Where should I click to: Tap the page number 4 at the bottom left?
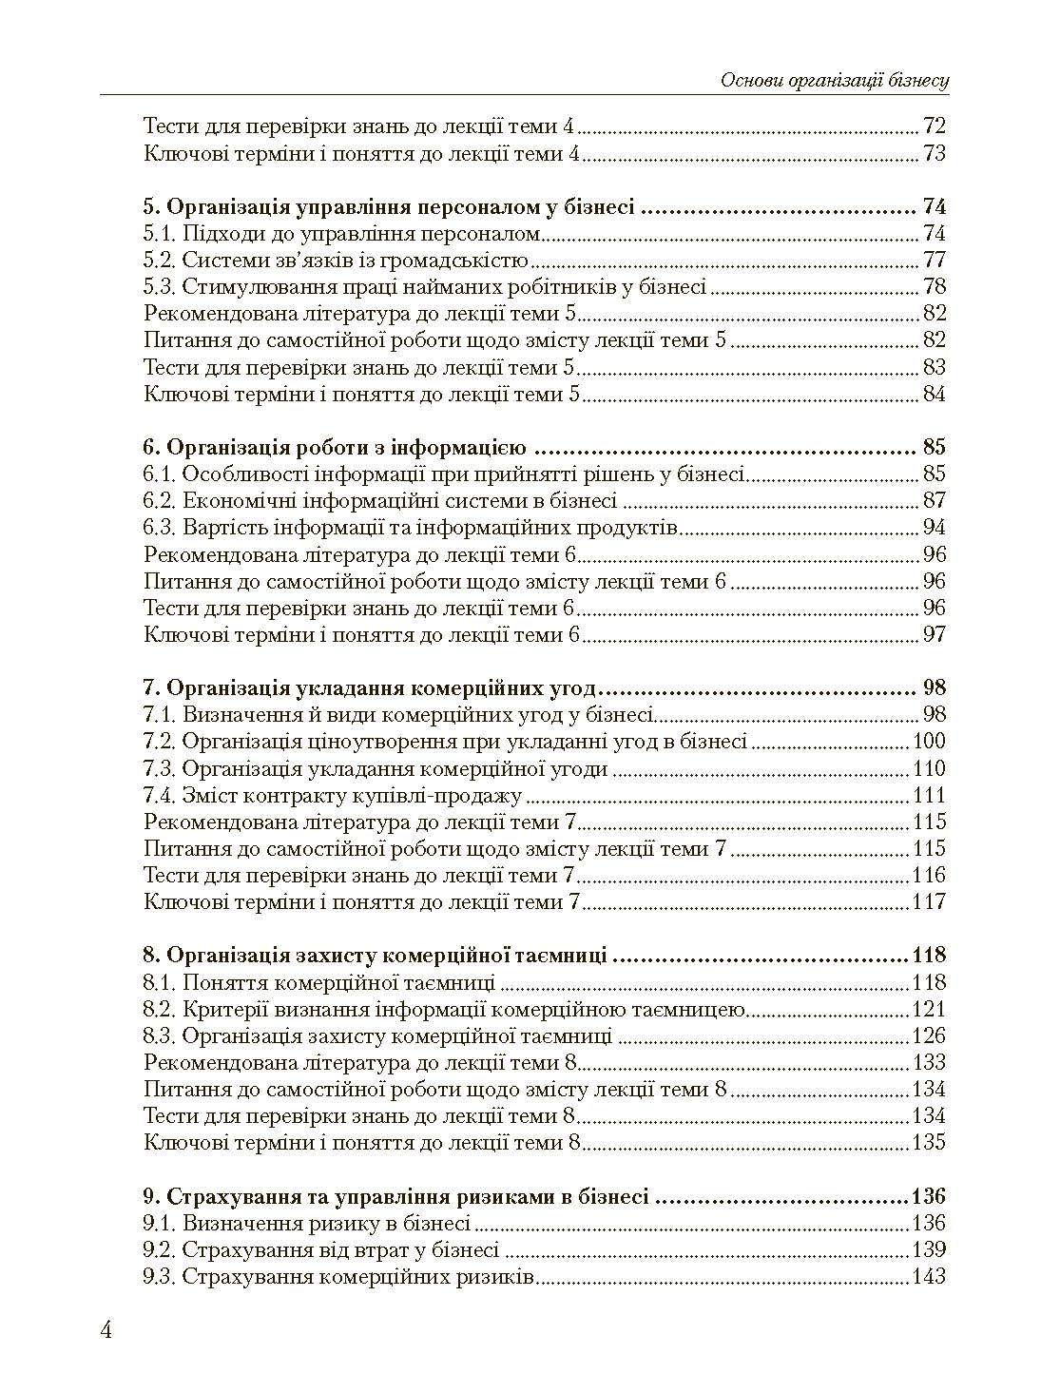click(x=106, y=1329)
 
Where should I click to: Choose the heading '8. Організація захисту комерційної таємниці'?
click(x=375, y=956)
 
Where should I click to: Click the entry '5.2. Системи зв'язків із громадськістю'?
click(x=336, y=261)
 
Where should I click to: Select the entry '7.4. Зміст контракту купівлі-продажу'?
click(x=333, y=795)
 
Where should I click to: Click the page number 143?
click(x=928, y=1276)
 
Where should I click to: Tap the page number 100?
click(x=929, y=742)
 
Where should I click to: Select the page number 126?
click(x=928, y=1035)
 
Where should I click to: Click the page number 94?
click(x=935, y=528)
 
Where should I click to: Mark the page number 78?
click(x=935, y=287)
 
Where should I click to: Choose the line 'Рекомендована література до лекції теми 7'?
click(x=361, y=822)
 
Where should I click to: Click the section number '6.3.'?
click(x=160, y=528)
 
